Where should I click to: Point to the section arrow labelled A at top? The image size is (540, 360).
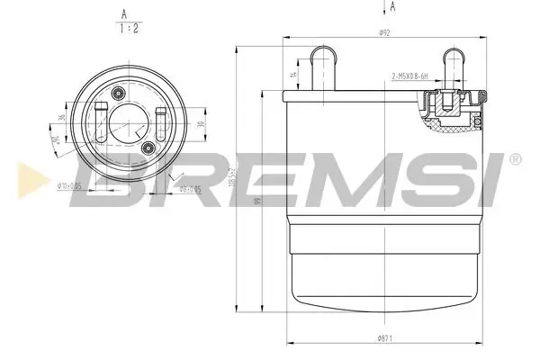(x=392, y=7)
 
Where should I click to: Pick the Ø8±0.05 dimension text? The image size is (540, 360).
(x=188, y=189)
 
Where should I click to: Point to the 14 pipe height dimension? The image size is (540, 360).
(x=292, y=76)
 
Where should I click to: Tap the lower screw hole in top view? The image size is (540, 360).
(x=147, y=147)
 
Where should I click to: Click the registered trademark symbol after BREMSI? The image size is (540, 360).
(x=515, y=160)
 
